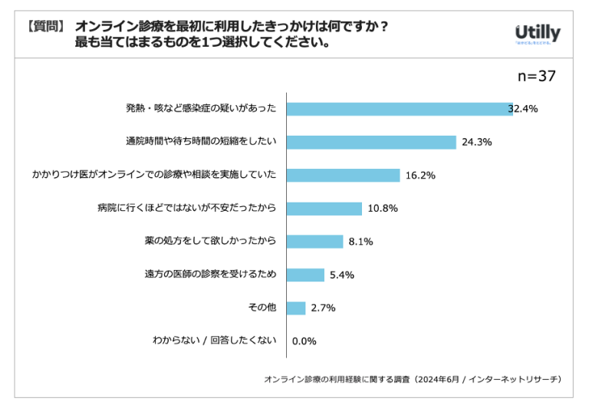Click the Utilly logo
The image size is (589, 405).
click(x=537, y=34)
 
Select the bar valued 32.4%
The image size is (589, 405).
click(x=400, y=109)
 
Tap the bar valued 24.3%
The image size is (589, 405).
click(x=372, y=142)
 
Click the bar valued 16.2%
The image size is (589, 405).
click(x=344, y=175)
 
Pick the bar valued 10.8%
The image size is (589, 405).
click(x=324, y=209)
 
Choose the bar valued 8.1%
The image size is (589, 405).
click(x=315, y=242)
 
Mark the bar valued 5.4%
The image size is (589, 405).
click(x=305, y=275)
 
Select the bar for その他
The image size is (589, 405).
click(x=296, y=308)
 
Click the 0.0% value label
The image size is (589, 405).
click(x=304, y=341)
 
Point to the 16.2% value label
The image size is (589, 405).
click(x=421, y=176)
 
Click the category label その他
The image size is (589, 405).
click(x=262, y=308)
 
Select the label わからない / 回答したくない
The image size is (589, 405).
click(x=214, y=341)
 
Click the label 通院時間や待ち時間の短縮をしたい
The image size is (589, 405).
click(x=201, y=142)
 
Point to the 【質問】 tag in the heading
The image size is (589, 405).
click(x=45, y=26)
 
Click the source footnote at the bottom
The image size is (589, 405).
click(x=413, y=380)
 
